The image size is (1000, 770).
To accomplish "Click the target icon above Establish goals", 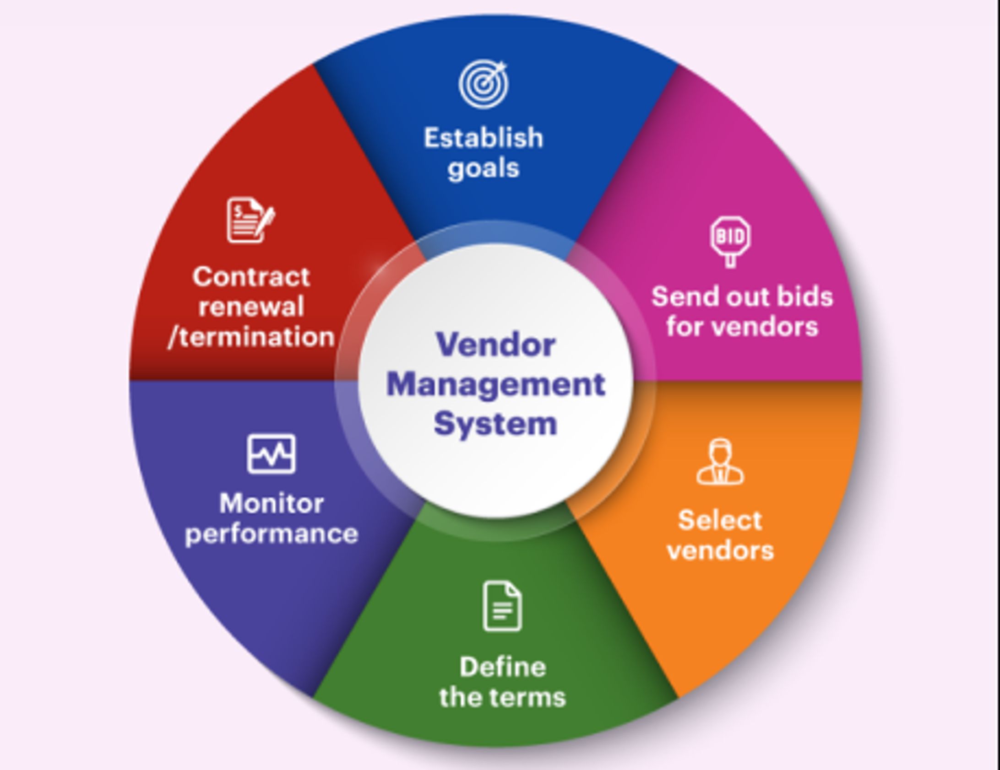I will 484,85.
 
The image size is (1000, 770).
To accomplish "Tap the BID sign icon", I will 730,240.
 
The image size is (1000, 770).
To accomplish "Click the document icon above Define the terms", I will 502,606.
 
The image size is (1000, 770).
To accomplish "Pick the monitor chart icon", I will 272,453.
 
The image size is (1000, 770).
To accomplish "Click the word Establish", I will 484,138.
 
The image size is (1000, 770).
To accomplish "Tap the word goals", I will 484,168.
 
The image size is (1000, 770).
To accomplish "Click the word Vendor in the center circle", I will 496,344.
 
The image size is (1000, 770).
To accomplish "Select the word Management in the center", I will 496,384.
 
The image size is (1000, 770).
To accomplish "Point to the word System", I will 495,424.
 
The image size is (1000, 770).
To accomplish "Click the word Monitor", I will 272,503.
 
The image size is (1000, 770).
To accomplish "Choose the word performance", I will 272,534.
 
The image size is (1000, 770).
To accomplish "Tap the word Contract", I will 251,277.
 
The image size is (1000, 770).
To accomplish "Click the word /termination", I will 251,337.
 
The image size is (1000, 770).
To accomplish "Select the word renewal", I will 251,307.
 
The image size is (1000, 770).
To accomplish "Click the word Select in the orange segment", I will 720,520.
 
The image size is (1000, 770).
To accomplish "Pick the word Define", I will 503,667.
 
